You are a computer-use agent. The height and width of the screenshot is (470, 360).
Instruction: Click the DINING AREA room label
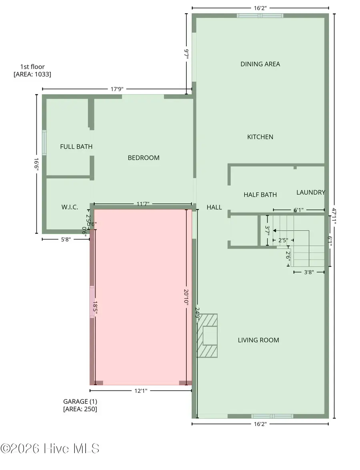tap(260, 64)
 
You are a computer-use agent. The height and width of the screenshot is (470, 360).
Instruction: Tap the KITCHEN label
tap(260, 137)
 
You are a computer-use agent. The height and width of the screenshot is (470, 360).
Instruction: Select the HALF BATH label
tap(260, 195)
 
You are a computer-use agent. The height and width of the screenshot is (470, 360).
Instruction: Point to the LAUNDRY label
tap(310, 192)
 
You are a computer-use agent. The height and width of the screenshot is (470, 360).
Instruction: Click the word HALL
tap(214, 207)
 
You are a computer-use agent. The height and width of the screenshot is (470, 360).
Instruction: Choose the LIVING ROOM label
tap(258, 340)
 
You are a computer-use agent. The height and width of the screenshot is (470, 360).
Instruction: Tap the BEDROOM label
tap(144, 158)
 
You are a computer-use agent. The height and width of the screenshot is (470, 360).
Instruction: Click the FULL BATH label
tap(76, 147)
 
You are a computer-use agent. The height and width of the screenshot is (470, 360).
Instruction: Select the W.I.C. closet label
tap(70, 207)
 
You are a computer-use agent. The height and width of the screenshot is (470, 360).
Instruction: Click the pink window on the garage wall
tap(92, 302)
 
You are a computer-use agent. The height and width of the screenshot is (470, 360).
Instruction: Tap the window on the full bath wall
tap(44, 143)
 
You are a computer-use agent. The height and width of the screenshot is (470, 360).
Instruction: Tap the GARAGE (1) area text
tap(80, 405)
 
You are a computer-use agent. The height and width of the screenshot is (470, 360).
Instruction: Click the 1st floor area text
tap(32, 70)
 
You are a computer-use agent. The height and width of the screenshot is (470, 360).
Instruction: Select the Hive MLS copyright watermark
tap(50, 448)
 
